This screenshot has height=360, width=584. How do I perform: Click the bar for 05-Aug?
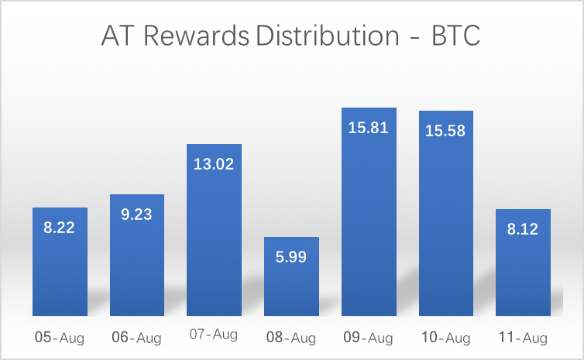[x=60, y=262]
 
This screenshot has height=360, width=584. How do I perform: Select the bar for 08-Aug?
[x=292, y=276]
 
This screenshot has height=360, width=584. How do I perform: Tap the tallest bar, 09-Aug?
[x=369, y=211]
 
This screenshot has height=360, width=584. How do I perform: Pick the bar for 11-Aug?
[x=523, y=262]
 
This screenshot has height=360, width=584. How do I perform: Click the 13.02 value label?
[x=214, y=164]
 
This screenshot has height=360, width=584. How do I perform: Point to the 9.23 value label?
[x=136, y=214]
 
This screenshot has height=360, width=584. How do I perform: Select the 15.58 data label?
[x=445, y=131]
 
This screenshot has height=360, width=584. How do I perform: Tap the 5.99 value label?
[x=291, y=257]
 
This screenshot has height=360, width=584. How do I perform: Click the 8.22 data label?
[x=59, y=228]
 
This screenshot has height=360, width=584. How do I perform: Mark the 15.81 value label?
[x=369, y=128]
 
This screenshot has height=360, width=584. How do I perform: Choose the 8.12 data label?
[x=523, y=229]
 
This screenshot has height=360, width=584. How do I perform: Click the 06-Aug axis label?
[x=136, y=338]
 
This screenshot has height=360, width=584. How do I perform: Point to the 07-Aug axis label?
[x=214, y=334]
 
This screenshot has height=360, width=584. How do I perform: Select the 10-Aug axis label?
[x=446, y=338]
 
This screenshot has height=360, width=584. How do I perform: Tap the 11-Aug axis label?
[x=523, y=338]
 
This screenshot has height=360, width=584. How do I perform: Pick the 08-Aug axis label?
[x=291, y=338]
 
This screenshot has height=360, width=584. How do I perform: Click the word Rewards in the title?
[x=196, y=36]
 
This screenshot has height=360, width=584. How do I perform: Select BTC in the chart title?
[x=456, y=36]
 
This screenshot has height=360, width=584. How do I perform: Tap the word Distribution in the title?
[x=328, y=36]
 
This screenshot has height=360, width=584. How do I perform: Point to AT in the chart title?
[x=117, y=36]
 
